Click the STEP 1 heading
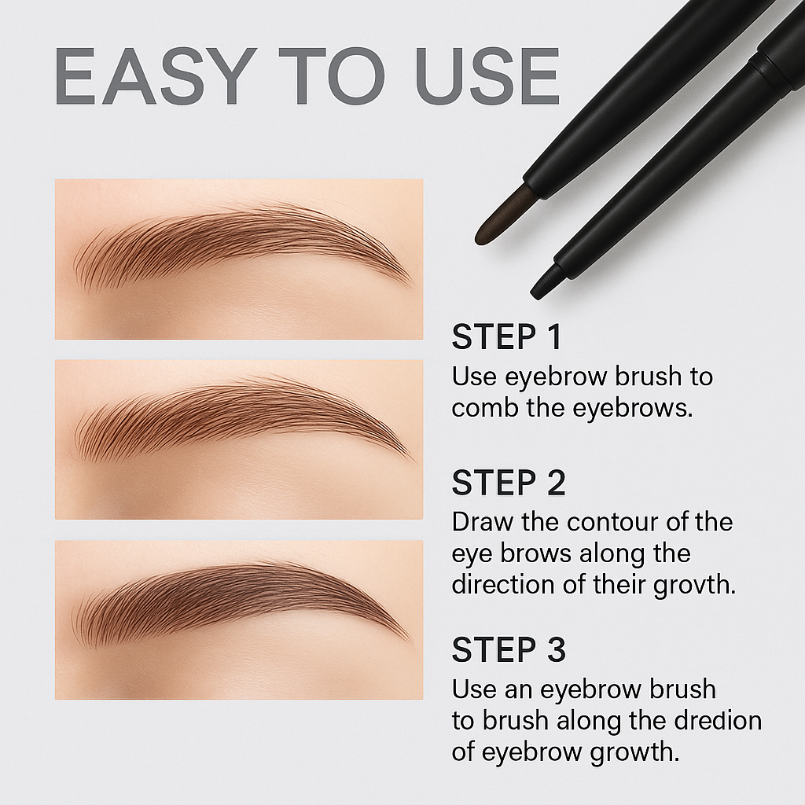pos(507,337)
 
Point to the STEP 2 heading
pos(509,483)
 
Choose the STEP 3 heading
pos(509,650)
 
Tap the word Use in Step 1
pos(474,377)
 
